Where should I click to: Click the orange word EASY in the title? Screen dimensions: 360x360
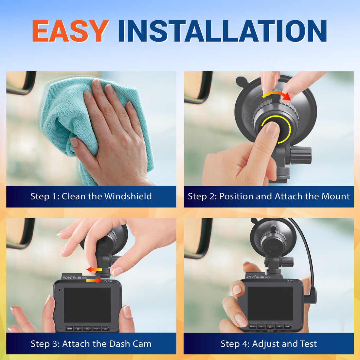[70, 31]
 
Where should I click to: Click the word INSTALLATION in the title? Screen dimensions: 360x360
[223, 31]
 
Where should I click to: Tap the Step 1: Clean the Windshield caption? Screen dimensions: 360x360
[91, 196]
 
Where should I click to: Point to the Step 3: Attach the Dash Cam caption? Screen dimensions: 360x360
[91, 344]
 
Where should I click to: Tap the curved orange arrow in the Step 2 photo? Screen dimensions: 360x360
[277, 95]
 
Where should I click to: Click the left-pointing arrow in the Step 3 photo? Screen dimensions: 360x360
[94, 270]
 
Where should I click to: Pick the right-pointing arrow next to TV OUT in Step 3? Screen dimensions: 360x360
[94, 280]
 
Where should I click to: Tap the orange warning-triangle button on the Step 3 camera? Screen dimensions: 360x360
[87, 328]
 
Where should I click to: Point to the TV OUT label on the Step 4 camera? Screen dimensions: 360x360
[290, 280]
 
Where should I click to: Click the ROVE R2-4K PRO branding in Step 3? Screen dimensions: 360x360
[75, 278]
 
